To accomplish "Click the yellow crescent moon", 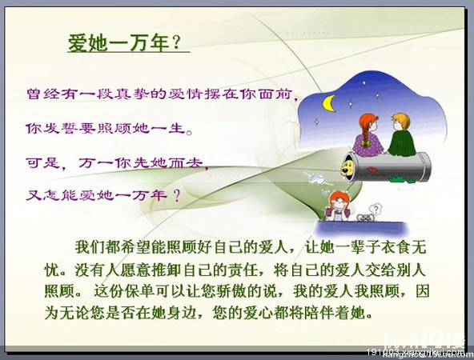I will click(327, 102).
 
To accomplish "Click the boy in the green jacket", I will click(400, 134).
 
